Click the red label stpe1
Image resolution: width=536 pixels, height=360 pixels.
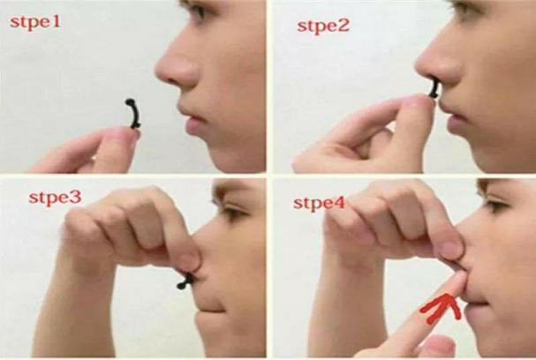[35, 23]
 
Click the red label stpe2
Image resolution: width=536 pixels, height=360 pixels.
[323, 26]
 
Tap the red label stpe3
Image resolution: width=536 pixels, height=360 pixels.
[56, 198]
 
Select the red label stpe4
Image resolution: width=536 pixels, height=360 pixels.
[320, 204]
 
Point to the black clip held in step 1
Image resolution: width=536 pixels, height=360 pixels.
[133, 114]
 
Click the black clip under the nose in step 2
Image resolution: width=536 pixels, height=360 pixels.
[434, 88]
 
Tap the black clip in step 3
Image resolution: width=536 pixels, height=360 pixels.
[185, 281]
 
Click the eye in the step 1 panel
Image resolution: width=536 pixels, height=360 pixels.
[199, 10]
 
